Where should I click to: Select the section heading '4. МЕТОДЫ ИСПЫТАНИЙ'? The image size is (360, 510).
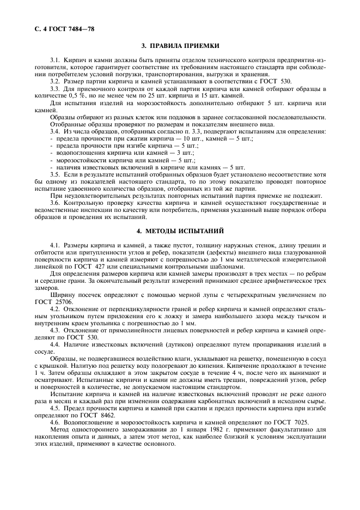pyautogui.click(x=180, y=231)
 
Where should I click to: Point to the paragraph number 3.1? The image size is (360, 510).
pyautogui.click(x=54, y=58)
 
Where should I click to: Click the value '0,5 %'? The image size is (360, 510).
pyautogui.click(x=96, y=95)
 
